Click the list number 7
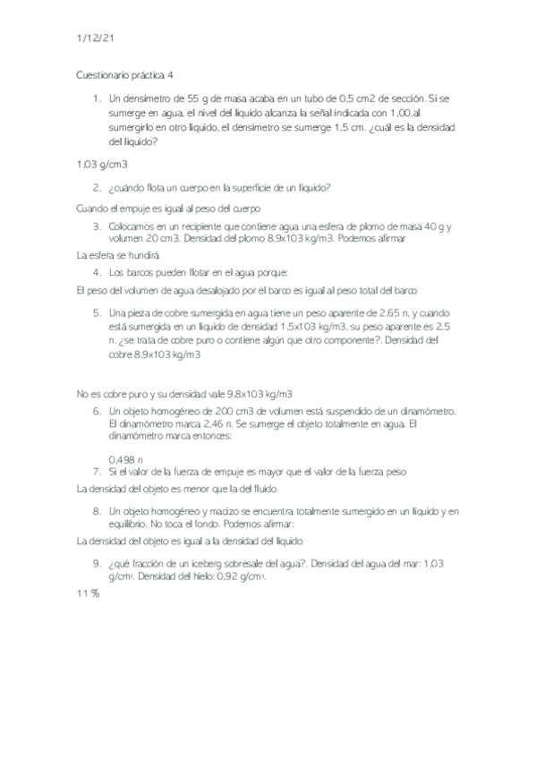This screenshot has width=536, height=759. [x=96, y=471]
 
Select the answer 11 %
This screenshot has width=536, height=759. [x=88, y=594]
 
